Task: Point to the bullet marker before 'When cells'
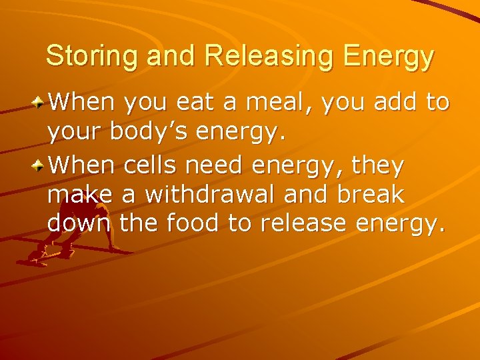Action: (x=41, y=165)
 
